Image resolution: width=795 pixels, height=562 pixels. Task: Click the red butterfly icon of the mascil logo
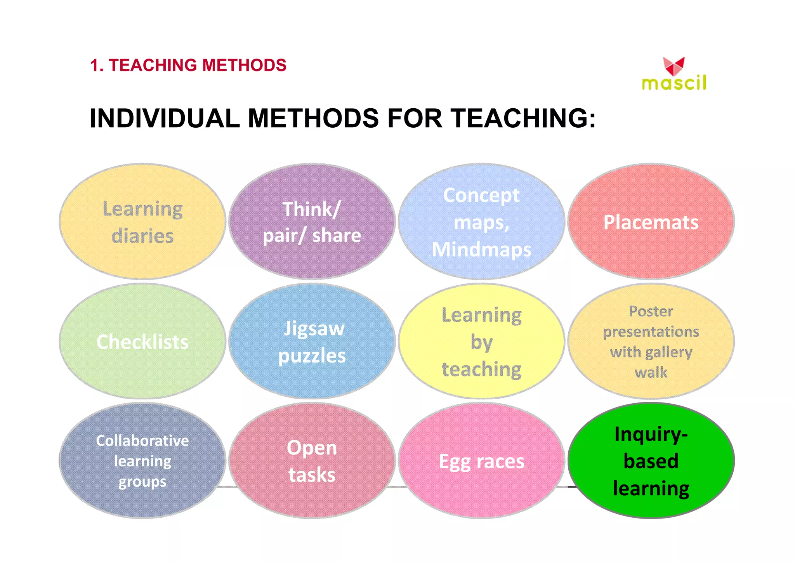tap(673, 66)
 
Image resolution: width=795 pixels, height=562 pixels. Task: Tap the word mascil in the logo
tap(674, 83)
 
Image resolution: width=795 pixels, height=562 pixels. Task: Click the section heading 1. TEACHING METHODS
tap(188, 65)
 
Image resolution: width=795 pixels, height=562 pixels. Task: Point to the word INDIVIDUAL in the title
tap(165, 118)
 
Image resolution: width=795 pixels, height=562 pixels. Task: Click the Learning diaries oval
tap(142, 222)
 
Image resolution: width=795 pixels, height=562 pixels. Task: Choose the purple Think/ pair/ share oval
tap(312, 222)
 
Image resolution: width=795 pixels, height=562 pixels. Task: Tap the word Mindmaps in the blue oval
tap(481, 249)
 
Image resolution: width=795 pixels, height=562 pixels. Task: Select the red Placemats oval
tap(651, 222)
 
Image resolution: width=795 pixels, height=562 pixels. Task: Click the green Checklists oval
tap(142, 342)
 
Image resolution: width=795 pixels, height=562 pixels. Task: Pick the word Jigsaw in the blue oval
tap(314, 329)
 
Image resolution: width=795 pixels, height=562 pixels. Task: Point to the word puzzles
tap(312, 356)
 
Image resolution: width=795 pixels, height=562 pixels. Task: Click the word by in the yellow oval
tap(481, 342)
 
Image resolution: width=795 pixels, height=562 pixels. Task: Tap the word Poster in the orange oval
tap(651, 311)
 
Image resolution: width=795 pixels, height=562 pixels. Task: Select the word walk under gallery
tap(651, 373)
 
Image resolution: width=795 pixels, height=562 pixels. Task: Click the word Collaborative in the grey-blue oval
tap(142, 441)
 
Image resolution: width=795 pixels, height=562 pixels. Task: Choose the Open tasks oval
tap(312, 461)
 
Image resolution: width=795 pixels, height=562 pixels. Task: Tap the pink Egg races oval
tap(481, 461)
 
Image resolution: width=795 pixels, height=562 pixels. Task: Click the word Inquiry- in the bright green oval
tap(651, 434)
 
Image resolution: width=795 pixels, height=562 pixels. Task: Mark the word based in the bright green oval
tap(651, 461)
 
